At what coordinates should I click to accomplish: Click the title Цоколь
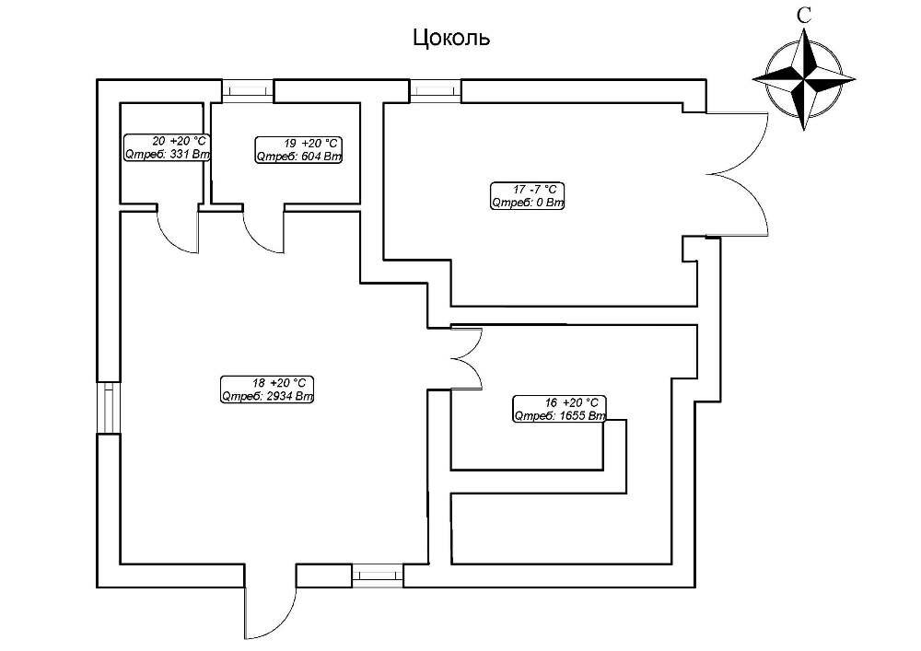449,38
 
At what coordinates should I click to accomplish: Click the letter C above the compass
805,15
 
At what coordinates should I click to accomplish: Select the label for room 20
167,148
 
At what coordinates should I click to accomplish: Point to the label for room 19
297,149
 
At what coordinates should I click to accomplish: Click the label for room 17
527,196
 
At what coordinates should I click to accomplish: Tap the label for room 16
558,409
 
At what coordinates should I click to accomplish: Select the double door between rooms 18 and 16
466,358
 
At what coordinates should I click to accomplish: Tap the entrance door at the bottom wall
269,612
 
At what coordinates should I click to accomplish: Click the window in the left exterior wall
108,406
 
